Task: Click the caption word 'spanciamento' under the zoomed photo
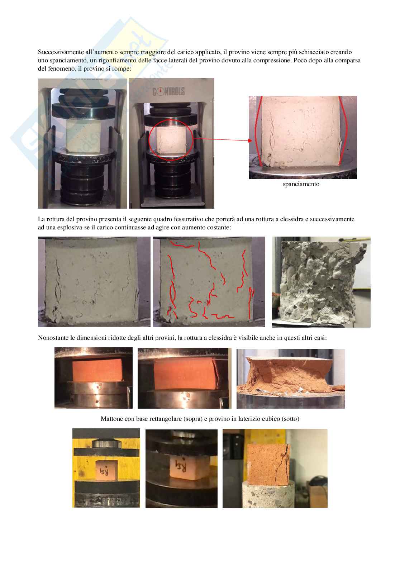(301, 184)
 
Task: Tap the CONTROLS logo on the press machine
(168, 91)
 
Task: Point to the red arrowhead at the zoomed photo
(251, 141)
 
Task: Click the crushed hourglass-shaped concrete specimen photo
(321, 282)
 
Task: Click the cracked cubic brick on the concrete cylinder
(268, 465)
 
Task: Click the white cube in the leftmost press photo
(84, 136)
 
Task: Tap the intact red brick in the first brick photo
(97, 370)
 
